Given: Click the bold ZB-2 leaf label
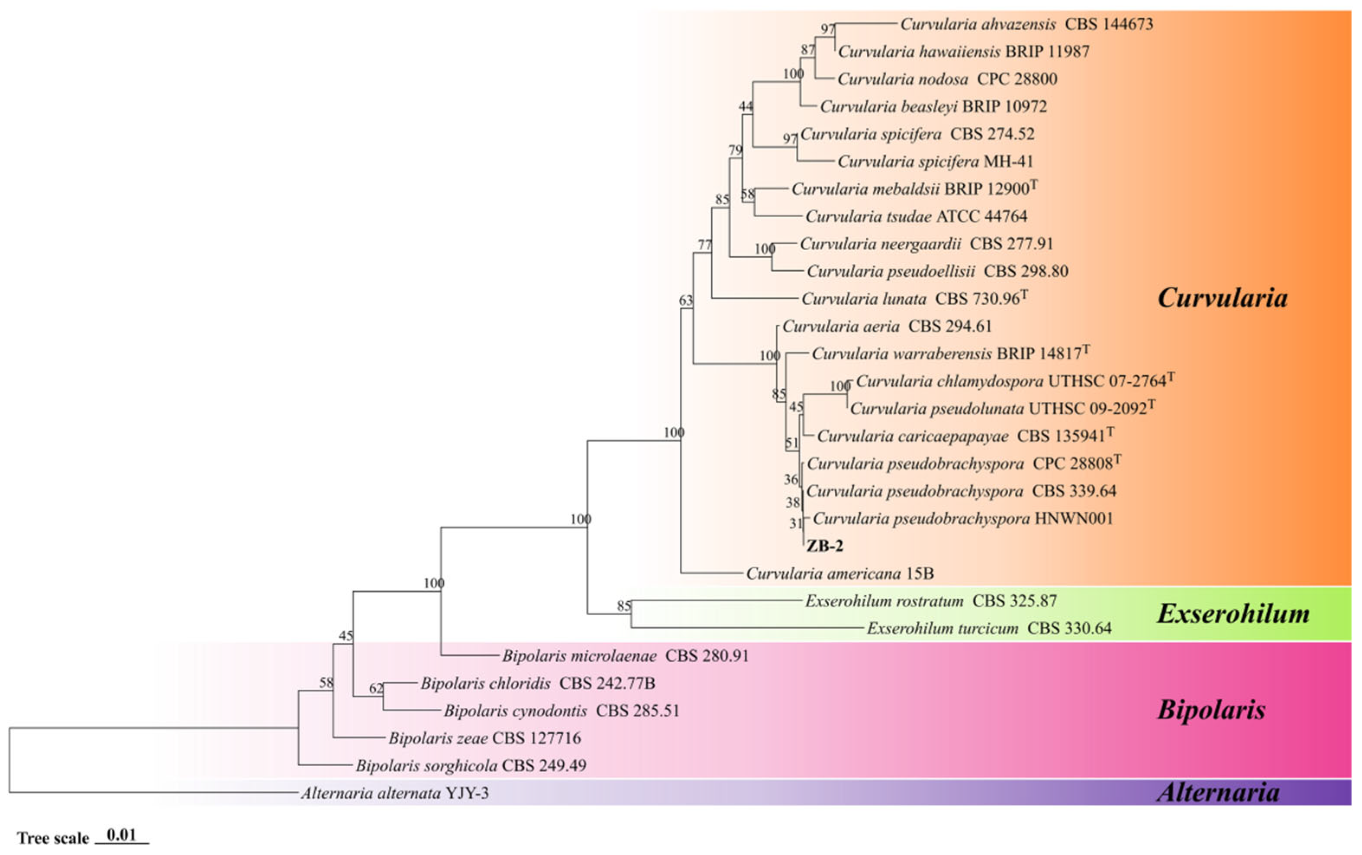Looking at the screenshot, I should pyautogui.click(x=824, y=545).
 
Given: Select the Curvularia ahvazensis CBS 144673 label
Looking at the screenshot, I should pyautogui.click(x=1026, y=24).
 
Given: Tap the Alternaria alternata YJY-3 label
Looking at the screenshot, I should pyautogui.click(x=395, y=794).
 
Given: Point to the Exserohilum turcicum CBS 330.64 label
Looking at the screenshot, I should pyautogui.click(x=989, y=628).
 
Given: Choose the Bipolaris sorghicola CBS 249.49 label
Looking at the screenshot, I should pyautogui.click(x=471, y=766).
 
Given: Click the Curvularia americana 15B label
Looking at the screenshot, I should pyautogui.click(x=839, y=574).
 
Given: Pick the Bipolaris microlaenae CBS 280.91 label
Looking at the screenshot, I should pyautogui.click(x=625, y=656).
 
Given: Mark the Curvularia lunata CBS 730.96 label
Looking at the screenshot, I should pyautogui.click(x=913, y=299).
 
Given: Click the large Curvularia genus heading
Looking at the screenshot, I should pyautogui.click(x=1222, y=297).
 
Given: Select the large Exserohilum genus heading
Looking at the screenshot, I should pyautogui.click(x=1233, y=613).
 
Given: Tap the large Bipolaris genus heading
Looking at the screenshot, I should pyautogui.click(x=1211, y=710).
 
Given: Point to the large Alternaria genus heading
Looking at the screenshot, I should pyautogui.click(x=1218, y=792).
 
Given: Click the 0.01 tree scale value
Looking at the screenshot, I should pyautogui.click(x=122, y=835).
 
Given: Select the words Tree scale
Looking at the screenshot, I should pyautogui.click(x=53, y=838).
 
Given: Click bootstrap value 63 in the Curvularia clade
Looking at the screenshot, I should pyautogui.click(x=685, y=301).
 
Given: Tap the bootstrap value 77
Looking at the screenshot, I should pyautogui.click(x=704, y=245).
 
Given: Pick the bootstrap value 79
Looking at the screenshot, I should pyautogui.click(x=735, y=150).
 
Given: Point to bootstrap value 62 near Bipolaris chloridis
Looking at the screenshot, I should pyautogui.click(x=376, y=688).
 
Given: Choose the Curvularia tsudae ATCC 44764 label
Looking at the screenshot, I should pyautogui.click(x=916, y=216).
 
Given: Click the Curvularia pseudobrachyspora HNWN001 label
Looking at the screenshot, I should pyautogui.click(x=962, y=519).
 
